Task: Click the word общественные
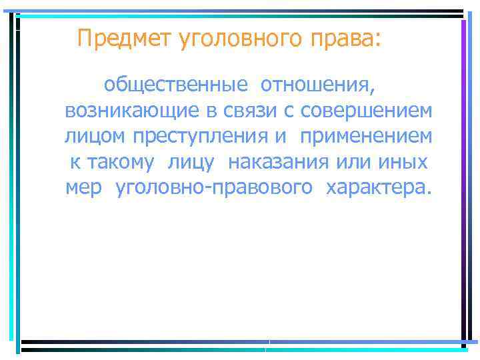176,85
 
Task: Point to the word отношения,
318,85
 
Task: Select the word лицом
96,136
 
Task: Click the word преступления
200,136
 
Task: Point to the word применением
365,136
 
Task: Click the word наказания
279,162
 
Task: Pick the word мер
84,187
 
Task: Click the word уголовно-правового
213,187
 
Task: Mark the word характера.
377,187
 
